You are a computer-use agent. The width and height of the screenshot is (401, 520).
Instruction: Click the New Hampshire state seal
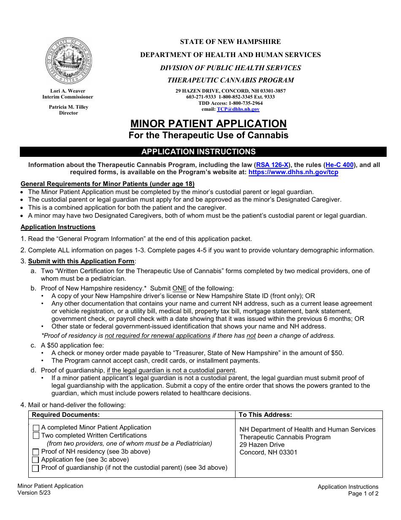pyautogui.click(x=69, y=60)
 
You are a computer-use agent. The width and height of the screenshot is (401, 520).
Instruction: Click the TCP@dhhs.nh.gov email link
pyautogui.click(x=238, y=109)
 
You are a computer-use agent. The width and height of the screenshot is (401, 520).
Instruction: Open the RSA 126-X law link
pyautogui.click(x=272, y=165)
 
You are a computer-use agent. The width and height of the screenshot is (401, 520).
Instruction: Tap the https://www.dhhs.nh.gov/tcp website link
pyautogui.click(x=293, y=172)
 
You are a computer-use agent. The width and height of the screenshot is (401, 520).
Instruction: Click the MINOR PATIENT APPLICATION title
pyautogui.click(x=209, y=124)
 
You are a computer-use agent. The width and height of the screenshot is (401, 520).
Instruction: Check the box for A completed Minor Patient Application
pyautogui.click(x=36, y=428)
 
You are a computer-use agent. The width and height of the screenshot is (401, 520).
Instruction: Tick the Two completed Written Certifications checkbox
pyautogui.click(x=36, y=436)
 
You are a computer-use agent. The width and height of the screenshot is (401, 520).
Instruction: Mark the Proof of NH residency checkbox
pyautogui.click(x=36, y=452)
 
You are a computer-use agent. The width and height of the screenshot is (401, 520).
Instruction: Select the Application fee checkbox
pyautogui.click(x=36, y=460)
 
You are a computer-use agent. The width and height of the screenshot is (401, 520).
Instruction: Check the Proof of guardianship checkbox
pyautogui.click(x=36, y=468)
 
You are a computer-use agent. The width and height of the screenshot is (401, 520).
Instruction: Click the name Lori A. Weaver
pyautogui.click(x=68, y=91)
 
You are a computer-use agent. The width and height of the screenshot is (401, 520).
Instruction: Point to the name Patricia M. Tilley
pyautogui.click(x=68, y=107)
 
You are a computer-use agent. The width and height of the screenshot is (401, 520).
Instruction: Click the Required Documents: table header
pyautogui.click(x=66, y=415)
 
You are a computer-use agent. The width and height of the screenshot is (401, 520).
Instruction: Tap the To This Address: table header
pyautogui.click(x=265, y=415)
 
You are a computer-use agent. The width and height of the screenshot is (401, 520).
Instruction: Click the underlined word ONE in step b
pyautogui.click(x=179, y=288)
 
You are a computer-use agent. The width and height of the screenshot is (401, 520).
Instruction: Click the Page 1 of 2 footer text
pyautogui.click(x=363, y=493)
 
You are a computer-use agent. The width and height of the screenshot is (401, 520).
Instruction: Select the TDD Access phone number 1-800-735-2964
pyautogui.click(x=245, y=103)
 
